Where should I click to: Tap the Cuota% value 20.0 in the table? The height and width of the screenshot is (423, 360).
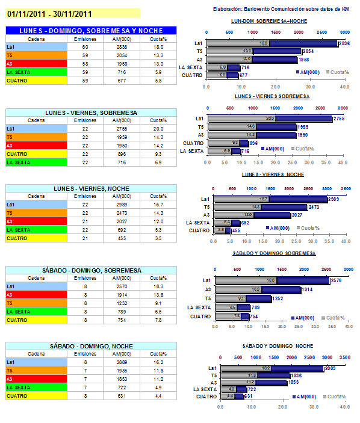click(158, 129)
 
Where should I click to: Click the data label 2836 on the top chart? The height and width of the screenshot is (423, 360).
click(344, 43)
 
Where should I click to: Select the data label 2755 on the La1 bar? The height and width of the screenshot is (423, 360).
click(339, 119)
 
